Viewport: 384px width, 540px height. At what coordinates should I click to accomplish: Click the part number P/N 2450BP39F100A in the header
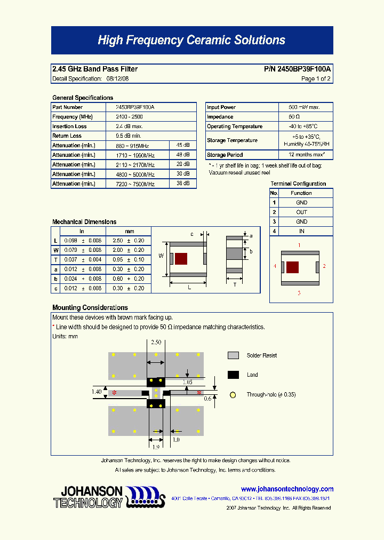pos(297,69)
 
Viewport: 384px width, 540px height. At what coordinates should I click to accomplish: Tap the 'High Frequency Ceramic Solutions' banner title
pos(191,41)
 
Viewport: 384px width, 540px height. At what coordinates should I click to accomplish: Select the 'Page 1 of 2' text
pos(316,79)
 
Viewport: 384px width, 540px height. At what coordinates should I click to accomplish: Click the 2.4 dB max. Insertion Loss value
pos(129,126)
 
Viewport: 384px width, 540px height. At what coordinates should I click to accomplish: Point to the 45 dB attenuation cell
pos(183,146)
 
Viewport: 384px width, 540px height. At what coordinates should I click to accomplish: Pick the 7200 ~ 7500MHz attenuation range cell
pos(135,184)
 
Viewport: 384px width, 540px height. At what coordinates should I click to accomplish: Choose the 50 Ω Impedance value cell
pos(294,117)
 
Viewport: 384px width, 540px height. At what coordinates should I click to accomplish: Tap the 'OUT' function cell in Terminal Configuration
pos(301,212)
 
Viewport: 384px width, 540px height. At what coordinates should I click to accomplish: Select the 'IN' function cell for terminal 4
pos(301,232)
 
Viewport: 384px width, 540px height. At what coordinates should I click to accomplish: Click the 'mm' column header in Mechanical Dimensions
pos(129,232)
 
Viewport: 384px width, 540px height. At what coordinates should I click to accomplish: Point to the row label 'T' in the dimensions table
pos(55,260)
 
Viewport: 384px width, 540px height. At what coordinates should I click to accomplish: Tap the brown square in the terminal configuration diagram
pos(292,267)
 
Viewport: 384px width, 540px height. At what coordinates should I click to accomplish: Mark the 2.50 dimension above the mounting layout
pos(156,342)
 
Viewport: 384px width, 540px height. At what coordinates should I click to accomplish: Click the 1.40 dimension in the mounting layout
pos(97,392)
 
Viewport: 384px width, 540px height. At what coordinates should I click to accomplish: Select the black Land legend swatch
pos(233,375)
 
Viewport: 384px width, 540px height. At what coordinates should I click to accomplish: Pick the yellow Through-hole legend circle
pos(233,395)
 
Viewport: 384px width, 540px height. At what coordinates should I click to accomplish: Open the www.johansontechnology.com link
pos(287,489)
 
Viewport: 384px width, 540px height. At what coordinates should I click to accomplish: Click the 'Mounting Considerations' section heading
pos(90,308)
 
